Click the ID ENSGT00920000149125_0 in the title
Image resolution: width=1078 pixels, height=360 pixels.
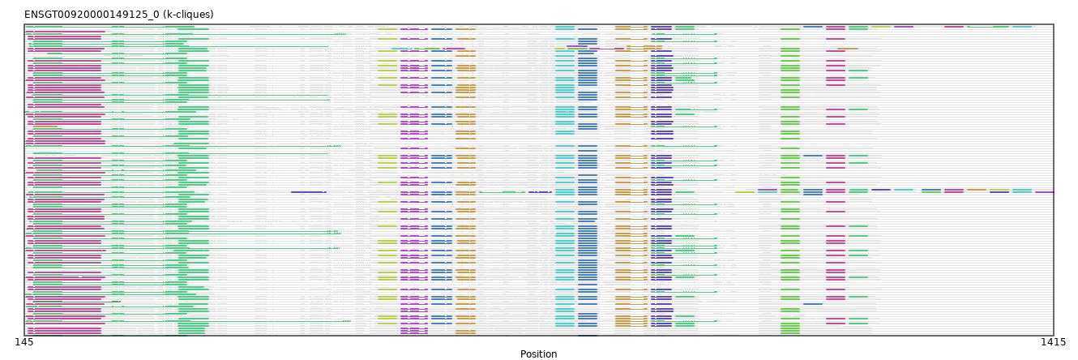coord(92,15)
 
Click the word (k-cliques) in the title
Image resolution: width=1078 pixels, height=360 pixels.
coord(188,15)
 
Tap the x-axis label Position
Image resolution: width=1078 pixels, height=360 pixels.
coord(538,354)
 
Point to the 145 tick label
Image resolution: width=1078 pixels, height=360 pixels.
coord(24,342)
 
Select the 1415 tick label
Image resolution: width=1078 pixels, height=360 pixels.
coord(1053,342)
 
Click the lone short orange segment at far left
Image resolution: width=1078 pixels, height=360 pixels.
coord(45,126)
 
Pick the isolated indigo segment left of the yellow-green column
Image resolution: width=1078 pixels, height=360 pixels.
coord(309,192)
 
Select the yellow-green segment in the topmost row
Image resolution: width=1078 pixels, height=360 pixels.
coord(881,27)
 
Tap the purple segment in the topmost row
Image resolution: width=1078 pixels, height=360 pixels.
coord(904,27)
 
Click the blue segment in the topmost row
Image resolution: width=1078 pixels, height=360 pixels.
coord(813,27)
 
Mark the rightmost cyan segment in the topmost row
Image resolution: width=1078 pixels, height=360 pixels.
coord(1022,27)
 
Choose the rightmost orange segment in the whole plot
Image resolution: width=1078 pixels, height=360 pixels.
coord(977,190)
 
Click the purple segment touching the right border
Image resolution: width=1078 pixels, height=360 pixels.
coord(1044,192)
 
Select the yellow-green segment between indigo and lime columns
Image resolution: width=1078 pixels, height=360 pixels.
coord(745,192)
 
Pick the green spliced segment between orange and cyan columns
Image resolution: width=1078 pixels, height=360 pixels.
coord(502,192)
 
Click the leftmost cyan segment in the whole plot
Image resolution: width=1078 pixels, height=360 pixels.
coord(402,49)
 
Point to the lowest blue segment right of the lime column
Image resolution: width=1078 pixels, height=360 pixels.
coord(813,304)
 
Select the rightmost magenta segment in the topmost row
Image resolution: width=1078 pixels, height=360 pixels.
coord(954,27)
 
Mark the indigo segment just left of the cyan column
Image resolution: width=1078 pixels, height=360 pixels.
coord(540,192)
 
